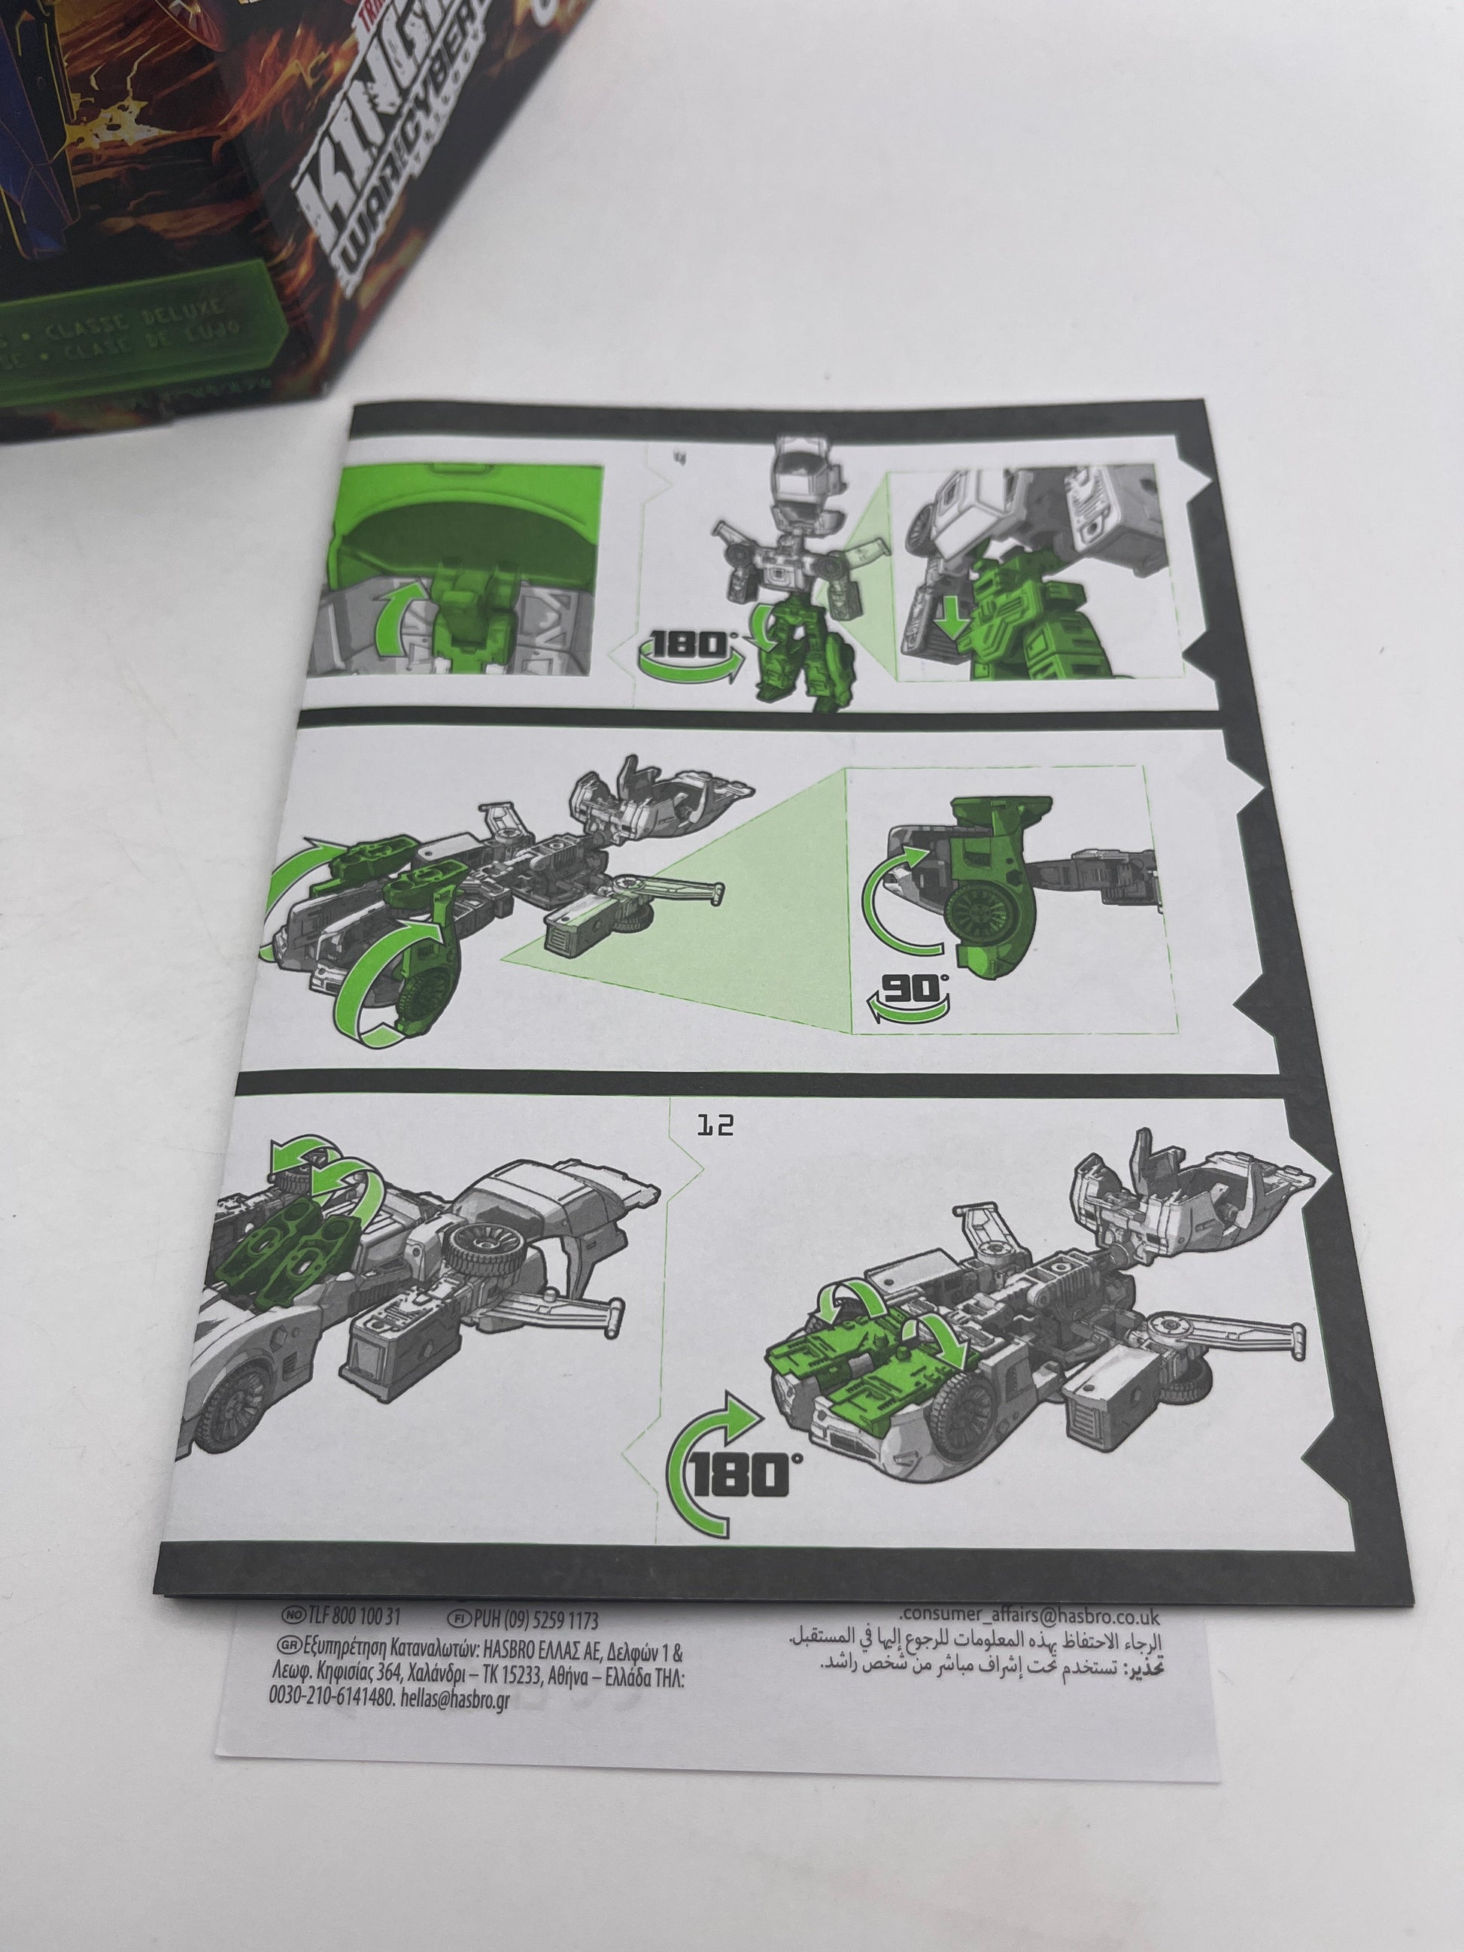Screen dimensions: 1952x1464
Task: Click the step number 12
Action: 715,1126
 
